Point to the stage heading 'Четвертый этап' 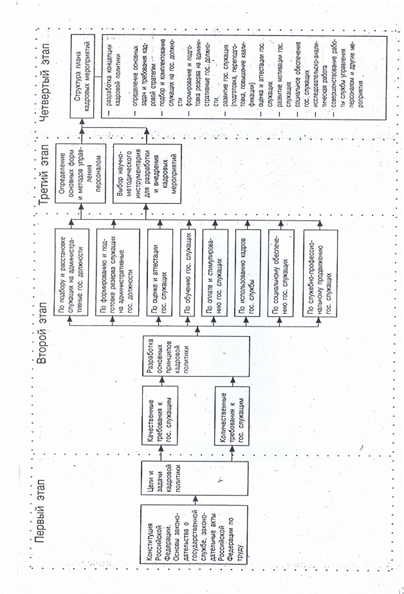(x=44, y=67)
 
